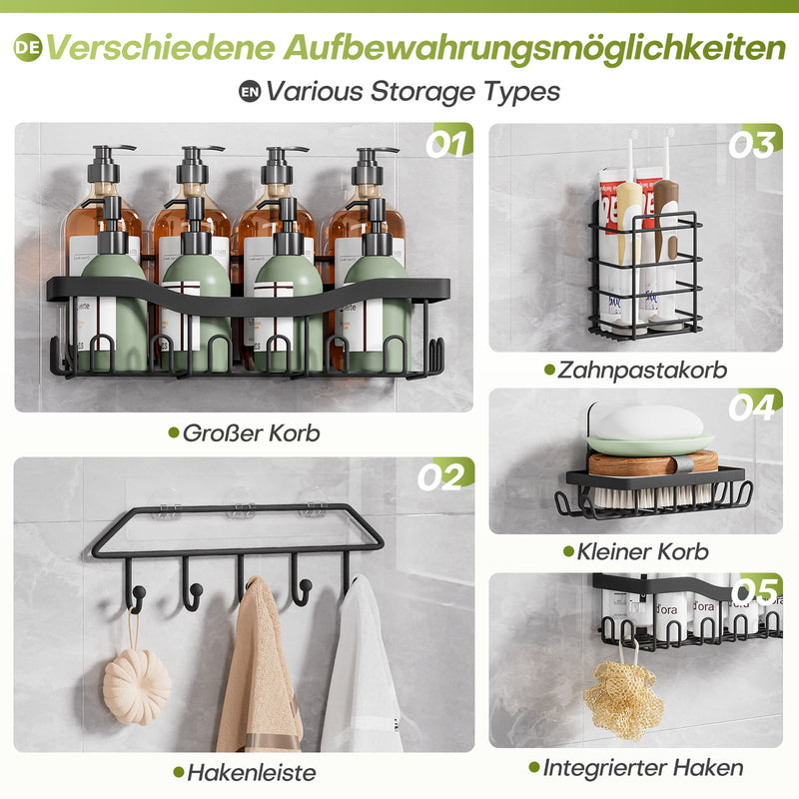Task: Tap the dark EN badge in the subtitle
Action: point(250,92)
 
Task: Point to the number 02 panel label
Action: point(440,476)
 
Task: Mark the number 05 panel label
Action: point(756,591)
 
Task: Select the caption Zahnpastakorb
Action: point(642,370)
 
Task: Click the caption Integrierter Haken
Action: point(643,767)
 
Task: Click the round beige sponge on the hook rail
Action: point(137,686)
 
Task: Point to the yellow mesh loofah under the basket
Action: point(623,699)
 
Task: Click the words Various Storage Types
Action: point(412,92)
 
